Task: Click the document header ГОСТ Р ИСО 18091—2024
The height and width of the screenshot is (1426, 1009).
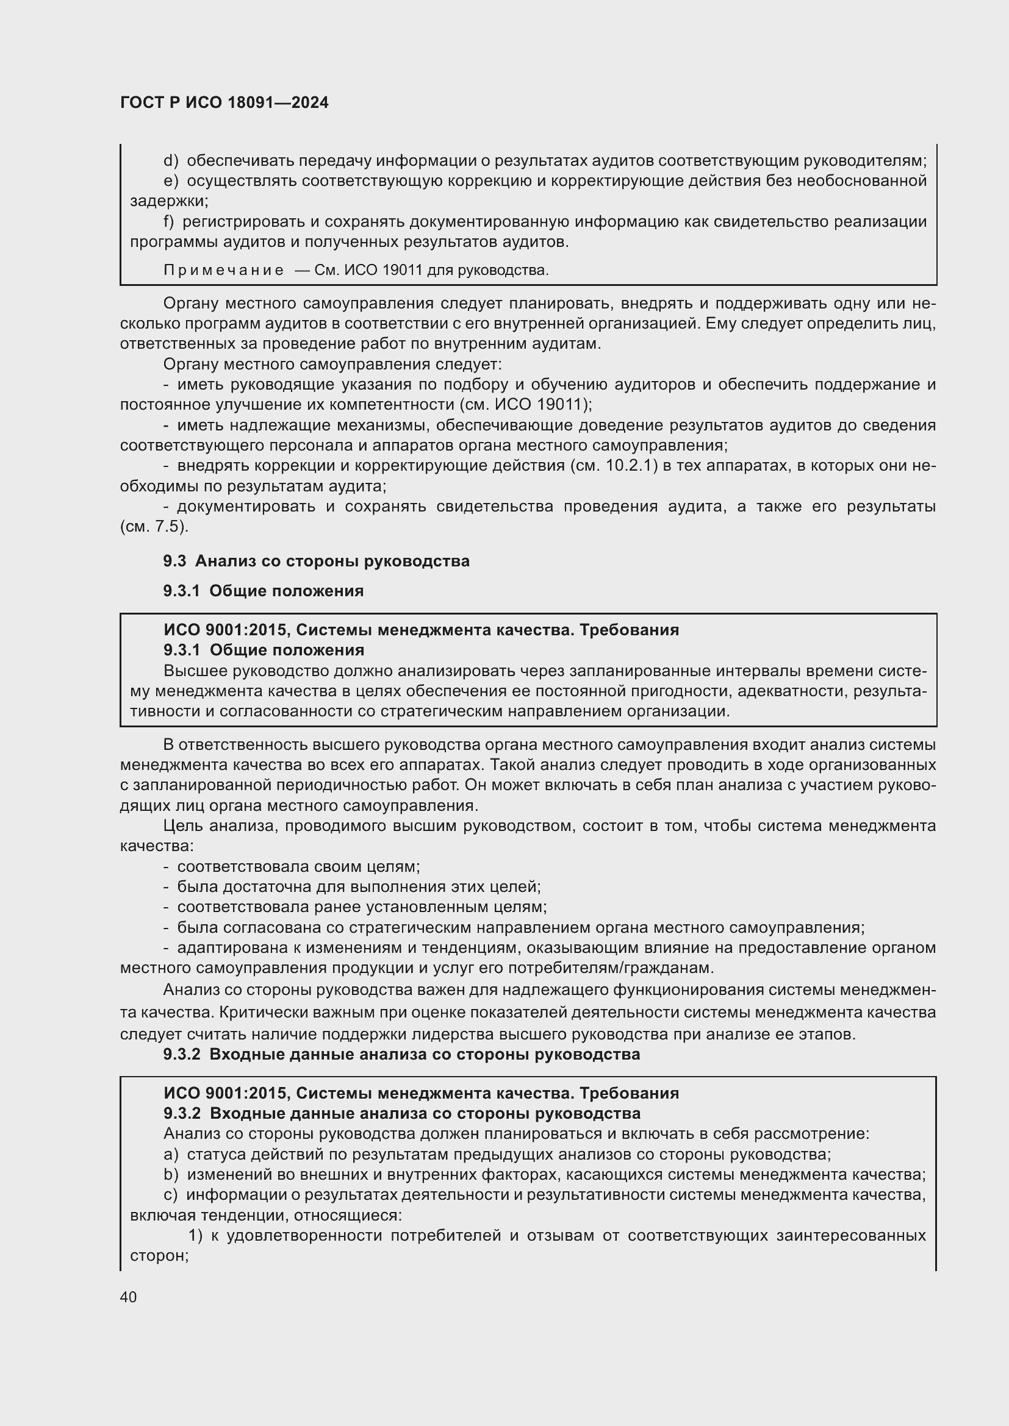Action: [224, 103]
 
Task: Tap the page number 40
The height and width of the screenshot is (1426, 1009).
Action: [128, 1297]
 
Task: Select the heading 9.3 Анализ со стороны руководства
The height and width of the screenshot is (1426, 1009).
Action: [316, 561]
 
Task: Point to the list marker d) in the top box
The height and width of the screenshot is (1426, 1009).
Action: [171, 161]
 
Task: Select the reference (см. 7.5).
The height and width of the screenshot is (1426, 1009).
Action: [154, 527]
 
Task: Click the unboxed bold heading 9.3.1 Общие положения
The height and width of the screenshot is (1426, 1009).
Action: [264, 591]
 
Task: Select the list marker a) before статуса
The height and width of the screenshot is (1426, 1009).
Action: [171, 1155]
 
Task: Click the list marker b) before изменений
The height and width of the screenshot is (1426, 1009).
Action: [171, 1174]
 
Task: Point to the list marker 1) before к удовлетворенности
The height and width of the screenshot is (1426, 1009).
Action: [196, 1235]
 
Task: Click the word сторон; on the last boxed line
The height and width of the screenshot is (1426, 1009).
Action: [159, 1255]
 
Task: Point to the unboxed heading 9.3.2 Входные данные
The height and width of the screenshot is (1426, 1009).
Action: [401, 1054]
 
